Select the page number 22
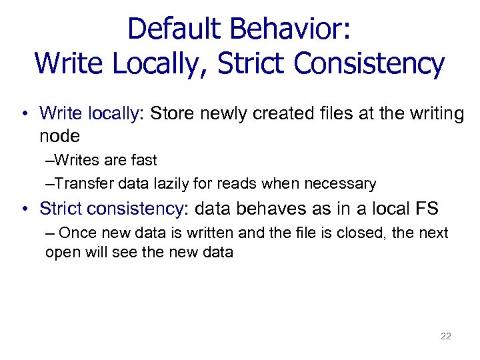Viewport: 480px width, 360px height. click(445, 336)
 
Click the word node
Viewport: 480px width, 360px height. click(59, 137)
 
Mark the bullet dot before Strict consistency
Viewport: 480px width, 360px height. click(24, 209)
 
